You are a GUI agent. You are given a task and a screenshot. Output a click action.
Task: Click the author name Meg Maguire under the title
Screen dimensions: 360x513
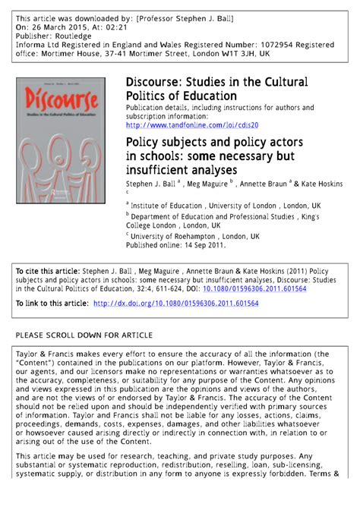[208, 184]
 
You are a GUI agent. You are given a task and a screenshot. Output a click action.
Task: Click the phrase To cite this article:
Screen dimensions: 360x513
[47, 272]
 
